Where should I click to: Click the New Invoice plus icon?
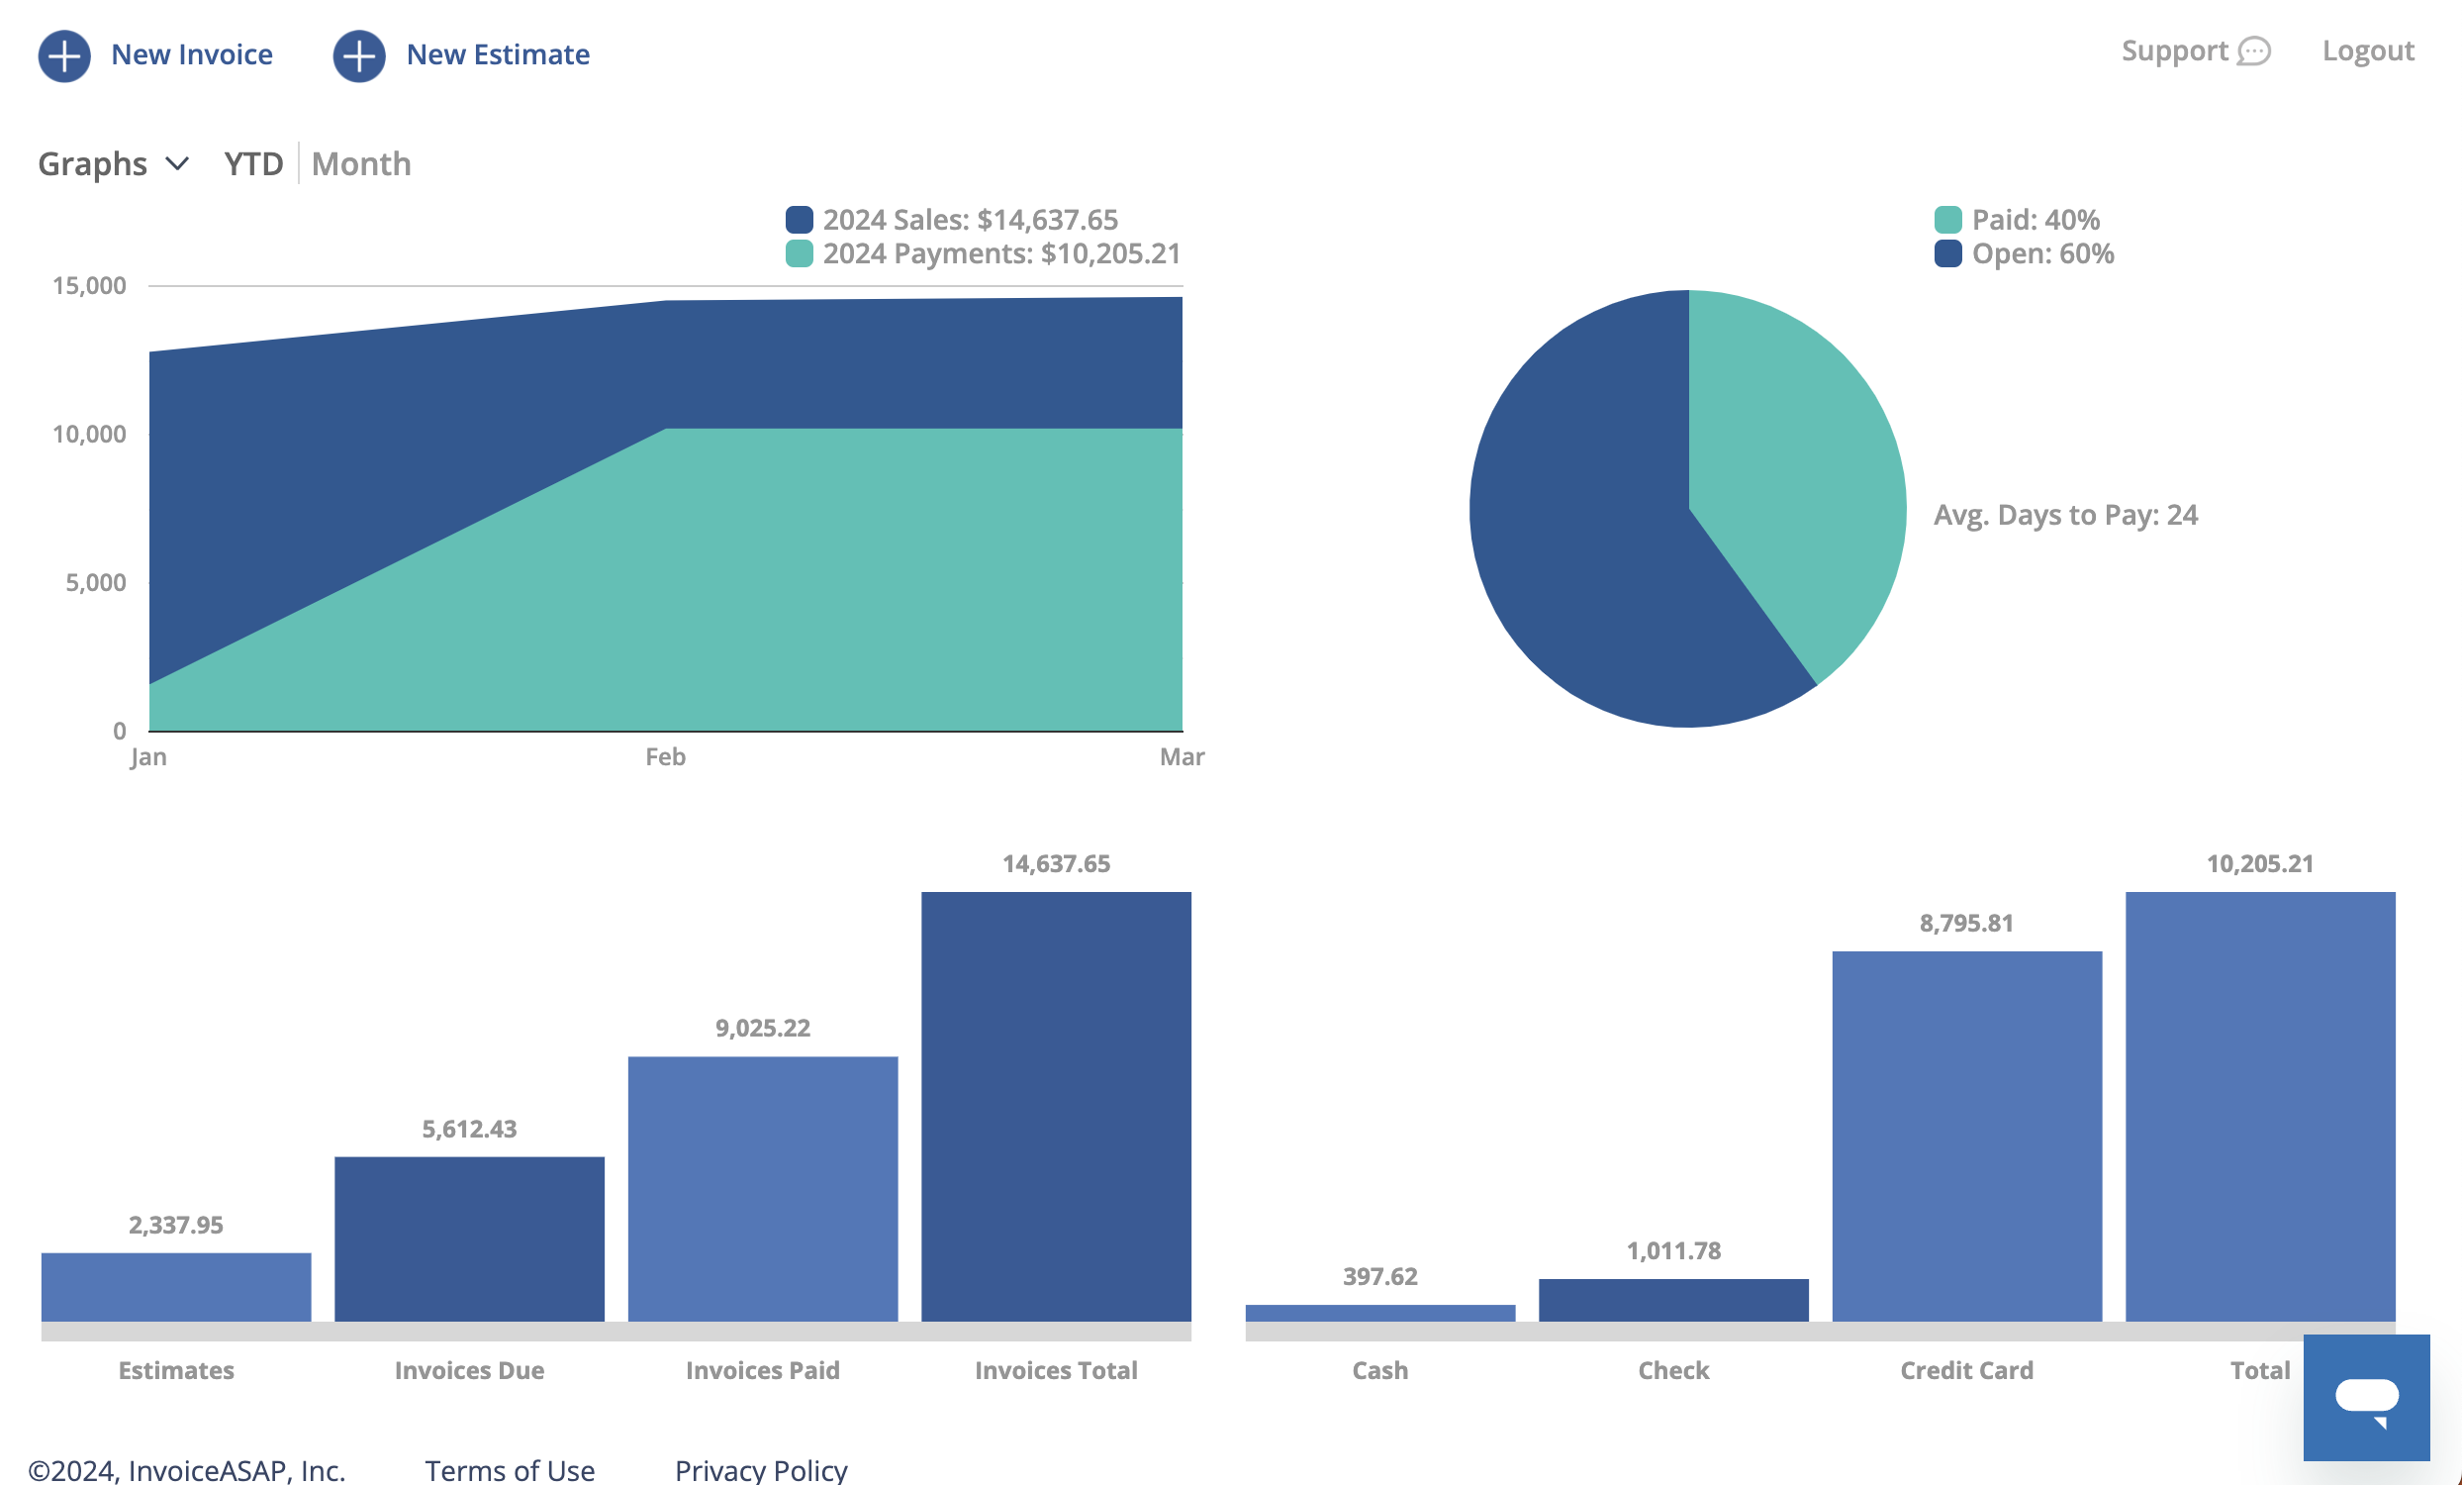[64, 56]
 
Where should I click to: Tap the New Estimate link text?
[498, 54]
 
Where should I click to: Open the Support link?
[2195, 50]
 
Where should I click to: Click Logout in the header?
[2367, 50]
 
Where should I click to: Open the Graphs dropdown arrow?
[177, 163]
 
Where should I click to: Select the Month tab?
[361, 163]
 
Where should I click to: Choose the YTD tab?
[253, 163]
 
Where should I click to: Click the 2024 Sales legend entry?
[952, 219]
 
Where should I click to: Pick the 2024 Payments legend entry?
[984, 252]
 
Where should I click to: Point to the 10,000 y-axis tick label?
[89, 434]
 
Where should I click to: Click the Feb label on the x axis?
[665, 756]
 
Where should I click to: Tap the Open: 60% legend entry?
[2025, 252]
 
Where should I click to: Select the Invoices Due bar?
[470, 1239]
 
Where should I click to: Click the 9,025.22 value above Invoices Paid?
[762, 1029]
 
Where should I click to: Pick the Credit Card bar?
[1966, 1137]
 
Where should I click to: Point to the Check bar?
[1673, 1300]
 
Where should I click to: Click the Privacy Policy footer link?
[761, 1470]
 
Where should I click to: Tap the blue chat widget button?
[2366, 1397]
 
